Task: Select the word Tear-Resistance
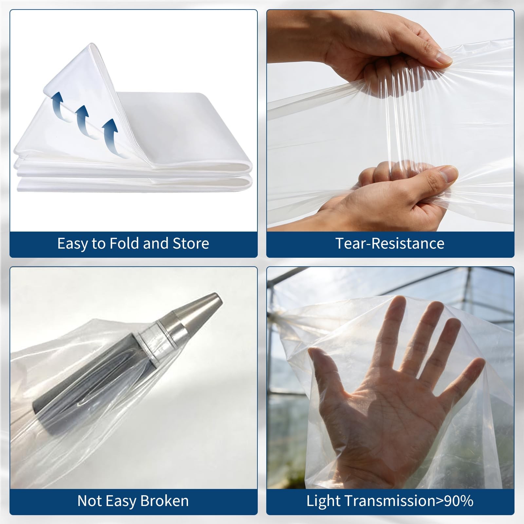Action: pos(390,244)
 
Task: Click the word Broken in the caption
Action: pos(164,501)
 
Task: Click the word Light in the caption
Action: pos(323,501)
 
